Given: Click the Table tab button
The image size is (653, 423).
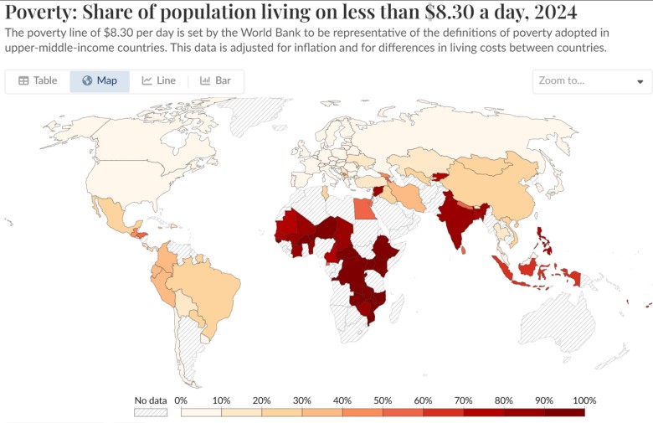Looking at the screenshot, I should (x=38, y=81).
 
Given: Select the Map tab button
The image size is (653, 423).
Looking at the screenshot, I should (x=100, y=81).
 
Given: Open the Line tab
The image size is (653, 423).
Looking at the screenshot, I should (x=158, y=81).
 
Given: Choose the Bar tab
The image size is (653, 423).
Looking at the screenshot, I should (x=215, y=81).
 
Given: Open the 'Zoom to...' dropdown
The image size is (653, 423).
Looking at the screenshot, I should (x=592, y=81).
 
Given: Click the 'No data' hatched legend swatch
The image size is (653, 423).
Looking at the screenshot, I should (x=151, y=411).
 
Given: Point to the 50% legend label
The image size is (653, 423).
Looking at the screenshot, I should (x=383, y=400).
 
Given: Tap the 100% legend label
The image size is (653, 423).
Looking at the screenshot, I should (x=584, y=400).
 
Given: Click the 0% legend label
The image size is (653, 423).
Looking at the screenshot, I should (x=180, y=400).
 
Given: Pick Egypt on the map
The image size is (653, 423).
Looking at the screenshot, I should (x=362, y=206).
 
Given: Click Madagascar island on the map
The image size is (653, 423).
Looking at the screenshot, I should (x=399, y=307).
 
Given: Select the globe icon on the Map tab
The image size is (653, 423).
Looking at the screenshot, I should (x=87, y=81).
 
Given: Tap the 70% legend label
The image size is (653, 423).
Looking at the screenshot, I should (x=463, y=400).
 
